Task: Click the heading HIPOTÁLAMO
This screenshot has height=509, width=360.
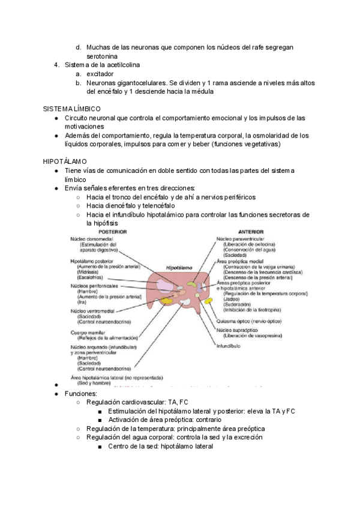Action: (65, 162)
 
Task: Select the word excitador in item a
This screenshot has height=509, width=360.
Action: (100, 73)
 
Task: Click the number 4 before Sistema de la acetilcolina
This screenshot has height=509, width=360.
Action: (56, 64)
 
